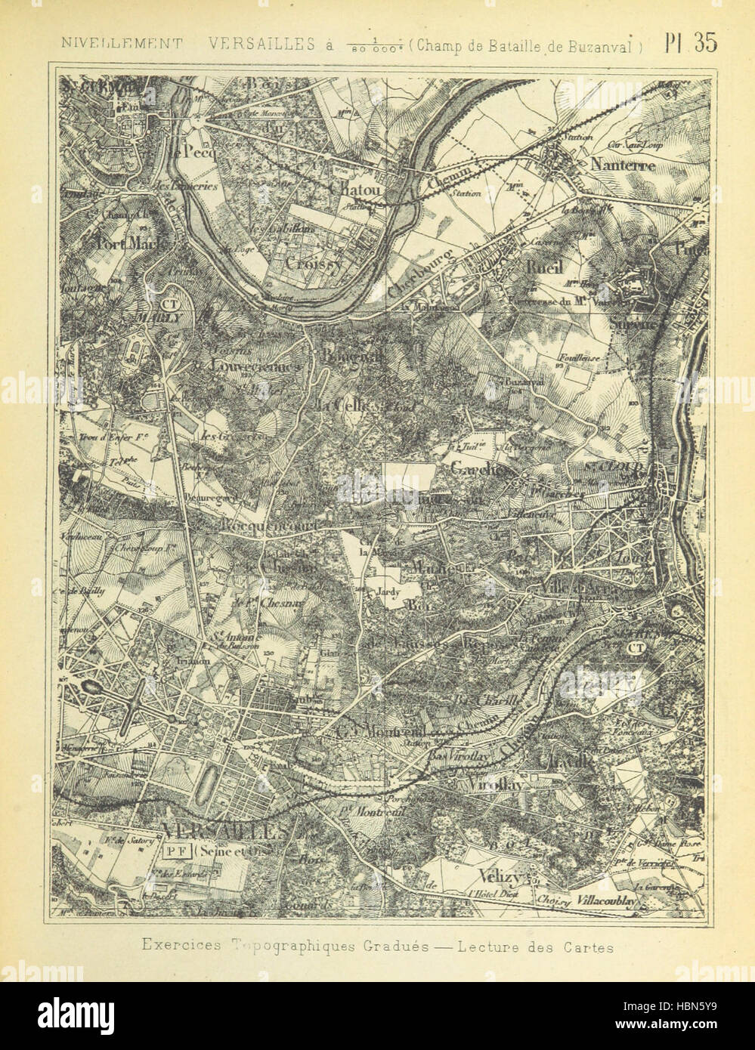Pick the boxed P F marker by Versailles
pos(175,848)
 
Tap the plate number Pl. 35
pos(690,43)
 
